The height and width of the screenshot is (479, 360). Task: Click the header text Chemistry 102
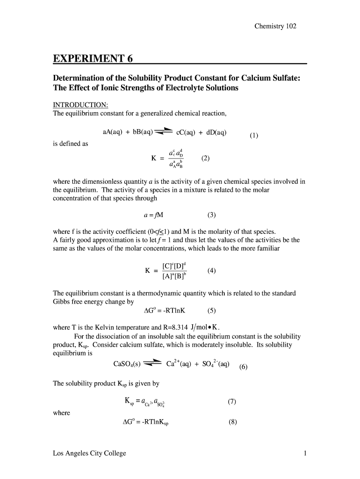coord(275,26)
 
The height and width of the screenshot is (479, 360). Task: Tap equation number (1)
coord(254,136)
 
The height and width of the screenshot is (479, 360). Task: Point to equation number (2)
coord(206,158)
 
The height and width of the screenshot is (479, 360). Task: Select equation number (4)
coord(212,271)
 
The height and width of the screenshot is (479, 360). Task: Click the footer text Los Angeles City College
coord(89,453)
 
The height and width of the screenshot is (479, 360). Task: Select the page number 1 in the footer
coord(305,453)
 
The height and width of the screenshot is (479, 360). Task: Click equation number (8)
coord(233,422)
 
